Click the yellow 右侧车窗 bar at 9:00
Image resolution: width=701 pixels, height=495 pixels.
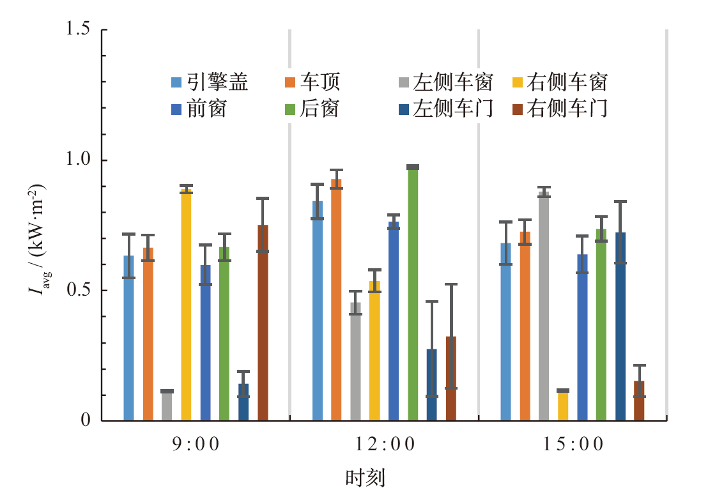186,305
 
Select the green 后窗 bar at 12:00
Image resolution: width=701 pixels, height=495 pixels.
413,294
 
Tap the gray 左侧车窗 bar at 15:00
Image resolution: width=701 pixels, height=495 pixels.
544,307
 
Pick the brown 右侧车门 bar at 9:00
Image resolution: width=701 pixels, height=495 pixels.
263,323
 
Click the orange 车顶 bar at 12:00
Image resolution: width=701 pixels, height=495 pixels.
336,300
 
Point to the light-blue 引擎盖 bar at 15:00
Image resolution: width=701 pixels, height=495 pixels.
505,332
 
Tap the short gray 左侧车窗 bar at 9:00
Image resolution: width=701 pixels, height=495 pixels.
167,406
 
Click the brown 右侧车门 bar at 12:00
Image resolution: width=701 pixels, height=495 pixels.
451,379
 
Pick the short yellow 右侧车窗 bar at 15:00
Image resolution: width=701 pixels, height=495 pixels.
563,406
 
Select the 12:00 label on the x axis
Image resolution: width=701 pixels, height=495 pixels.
383,445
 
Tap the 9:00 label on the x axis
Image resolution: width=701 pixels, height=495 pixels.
195,445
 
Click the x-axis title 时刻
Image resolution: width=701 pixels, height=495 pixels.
366,477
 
